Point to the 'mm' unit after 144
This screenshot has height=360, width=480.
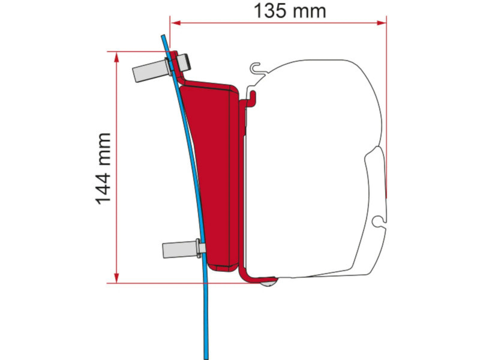[x=104, y=146]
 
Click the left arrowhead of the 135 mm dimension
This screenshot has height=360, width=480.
[x=173, y=23]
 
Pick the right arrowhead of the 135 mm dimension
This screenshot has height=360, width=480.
[x=382, y=23]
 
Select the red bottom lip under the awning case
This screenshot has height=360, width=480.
[x=258, y=280]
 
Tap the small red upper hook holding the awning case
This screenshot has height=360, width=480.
[x=251, y=95]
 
